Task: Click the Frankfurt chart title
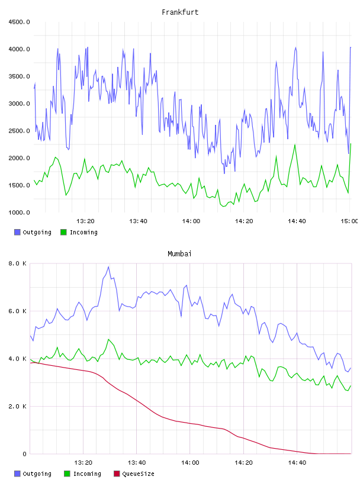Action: pos(180,12)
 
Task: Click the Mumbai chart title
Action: pos(179,254)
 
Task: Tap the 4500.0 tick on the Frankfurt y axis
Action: pos(19,22)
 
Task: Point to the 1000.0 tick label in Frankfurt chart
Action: pos(19,212)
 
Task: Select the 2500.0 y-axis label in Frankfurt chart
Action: pos(19,131)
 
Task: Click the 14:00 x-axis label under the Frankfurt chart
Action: pos(191,221)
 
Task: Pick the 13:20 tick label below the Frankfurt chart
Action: pos(85,221)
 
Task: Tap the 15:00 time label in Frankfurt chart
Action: pos(349,221)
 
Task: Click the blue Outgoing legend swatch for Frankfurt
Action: pos(17,232)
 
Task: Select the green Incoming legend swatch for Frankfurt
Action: pos(63,232)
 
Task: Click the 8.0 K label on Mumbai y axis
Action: pos(18,263)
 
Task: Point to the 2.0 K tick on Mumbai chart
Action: pos(18,407)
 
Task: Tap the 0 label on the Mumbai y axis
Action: pos(25,454)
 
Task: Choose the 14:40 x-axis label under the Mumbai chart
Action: pos(297,463)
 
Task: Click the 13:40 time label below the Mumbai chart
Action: pos(137,463)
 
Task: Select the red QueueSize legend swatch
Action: pos(117,474)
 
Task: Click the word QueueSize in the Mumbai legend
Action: pos(138,474)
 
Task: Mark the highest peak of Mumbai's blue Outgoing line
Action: pos(108,267)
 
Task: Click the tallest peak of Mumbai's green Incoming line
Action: pos(108,339)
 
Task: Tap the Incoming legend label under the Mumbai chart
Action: pos(87,474)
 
